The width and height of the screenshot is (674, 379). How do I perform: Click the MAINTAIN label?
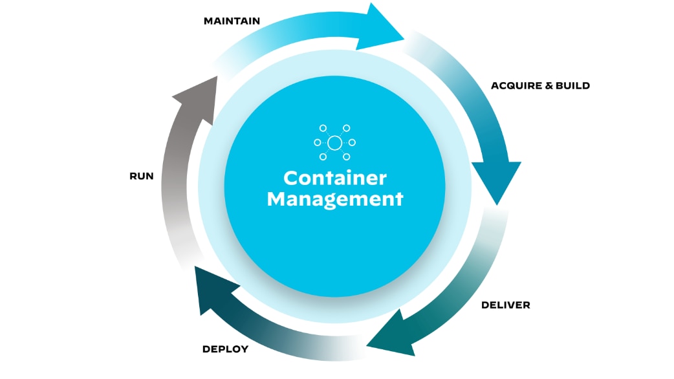tap(232, 21)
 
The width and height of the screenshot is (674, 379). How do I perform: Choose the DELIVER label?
tap(505, 305)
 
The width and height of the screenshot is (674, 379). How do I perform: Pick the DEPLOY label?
tap(225, 349)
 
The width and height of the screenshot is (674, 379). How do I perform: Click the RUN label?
tap(142, 176)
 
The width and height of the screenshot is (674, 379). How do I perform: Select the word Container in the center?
tap(334, 178)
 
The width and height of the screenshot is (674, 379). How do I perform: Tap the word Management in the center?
tap(334, 199)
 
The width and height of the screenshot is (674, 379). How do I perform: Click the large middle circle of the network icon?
tap(334, 142)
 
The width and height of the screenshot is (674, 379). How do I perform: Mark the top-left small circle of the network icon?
tap(323, 128)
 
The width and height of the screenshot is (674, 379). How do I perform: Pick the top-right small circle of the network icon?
tap(347, 128)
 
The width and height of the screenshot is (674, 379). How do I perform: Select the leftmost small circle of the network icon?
tap(317, 142)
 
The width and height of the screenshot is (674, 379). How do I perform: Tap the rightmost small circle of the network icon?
tap(352, 142)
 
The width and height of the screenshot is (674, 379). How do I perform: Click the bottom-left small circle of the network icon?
tap(323, 157)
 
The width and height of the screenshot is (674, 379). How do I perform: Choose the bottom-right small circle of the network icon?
tap(347, 157)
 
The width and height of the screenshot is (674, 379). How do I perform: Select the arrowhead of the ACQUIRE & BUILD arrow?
tap(497, 181)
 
